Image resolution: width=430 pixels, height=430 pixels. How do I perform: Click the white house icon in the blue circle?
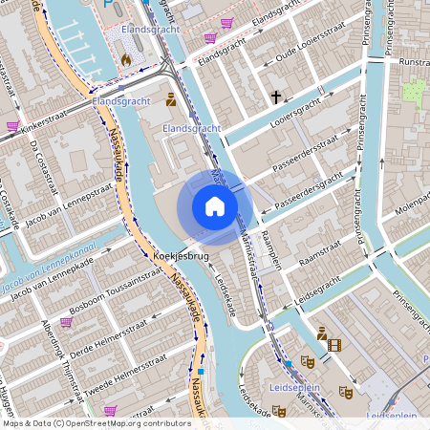[x=214, y=205]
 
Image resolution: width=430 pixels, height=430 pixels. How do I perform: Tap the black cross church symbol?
[x=276, y=97]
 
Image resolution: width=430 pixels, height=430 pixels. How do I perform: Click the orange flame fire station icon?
[x=125, y=59]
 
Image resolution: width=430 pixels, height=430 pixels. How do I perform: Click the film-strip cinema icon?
[x=333, y=345]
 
